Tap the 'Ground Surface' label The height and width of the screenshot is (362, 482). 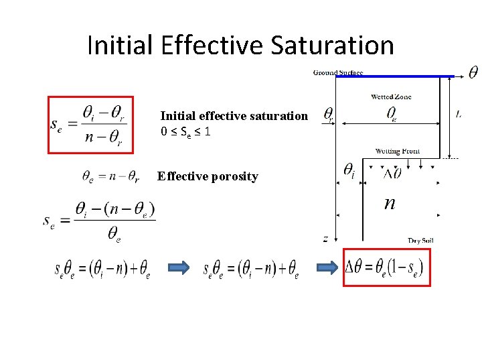338,72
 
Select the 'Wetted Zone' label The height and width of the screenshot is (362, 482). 391,97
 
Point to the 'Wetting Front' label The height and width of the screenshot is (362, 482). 398,152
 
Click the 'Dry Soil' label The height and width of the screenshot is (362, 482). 423,240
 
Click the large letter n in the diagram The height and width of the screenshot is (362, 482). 390,202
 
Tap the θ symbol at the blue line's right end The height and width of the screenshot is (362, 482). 473,72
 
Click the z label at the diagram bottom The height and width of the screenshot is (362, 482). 325,239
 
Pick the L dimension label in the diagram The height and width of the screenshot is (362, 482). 459,115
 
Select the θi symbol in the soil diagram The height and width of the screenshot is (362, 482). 349,172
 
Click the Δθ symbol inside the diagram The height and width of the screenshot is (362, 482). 392,173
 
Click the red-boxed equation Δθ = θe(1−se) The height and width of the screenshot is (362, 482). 386,267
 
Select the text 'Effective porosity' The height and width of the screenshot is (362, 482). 208,177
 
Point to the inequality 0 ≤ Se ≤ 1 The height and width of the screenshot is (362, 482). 186,132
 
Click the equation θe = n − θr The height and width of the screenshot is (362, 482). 110,177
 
